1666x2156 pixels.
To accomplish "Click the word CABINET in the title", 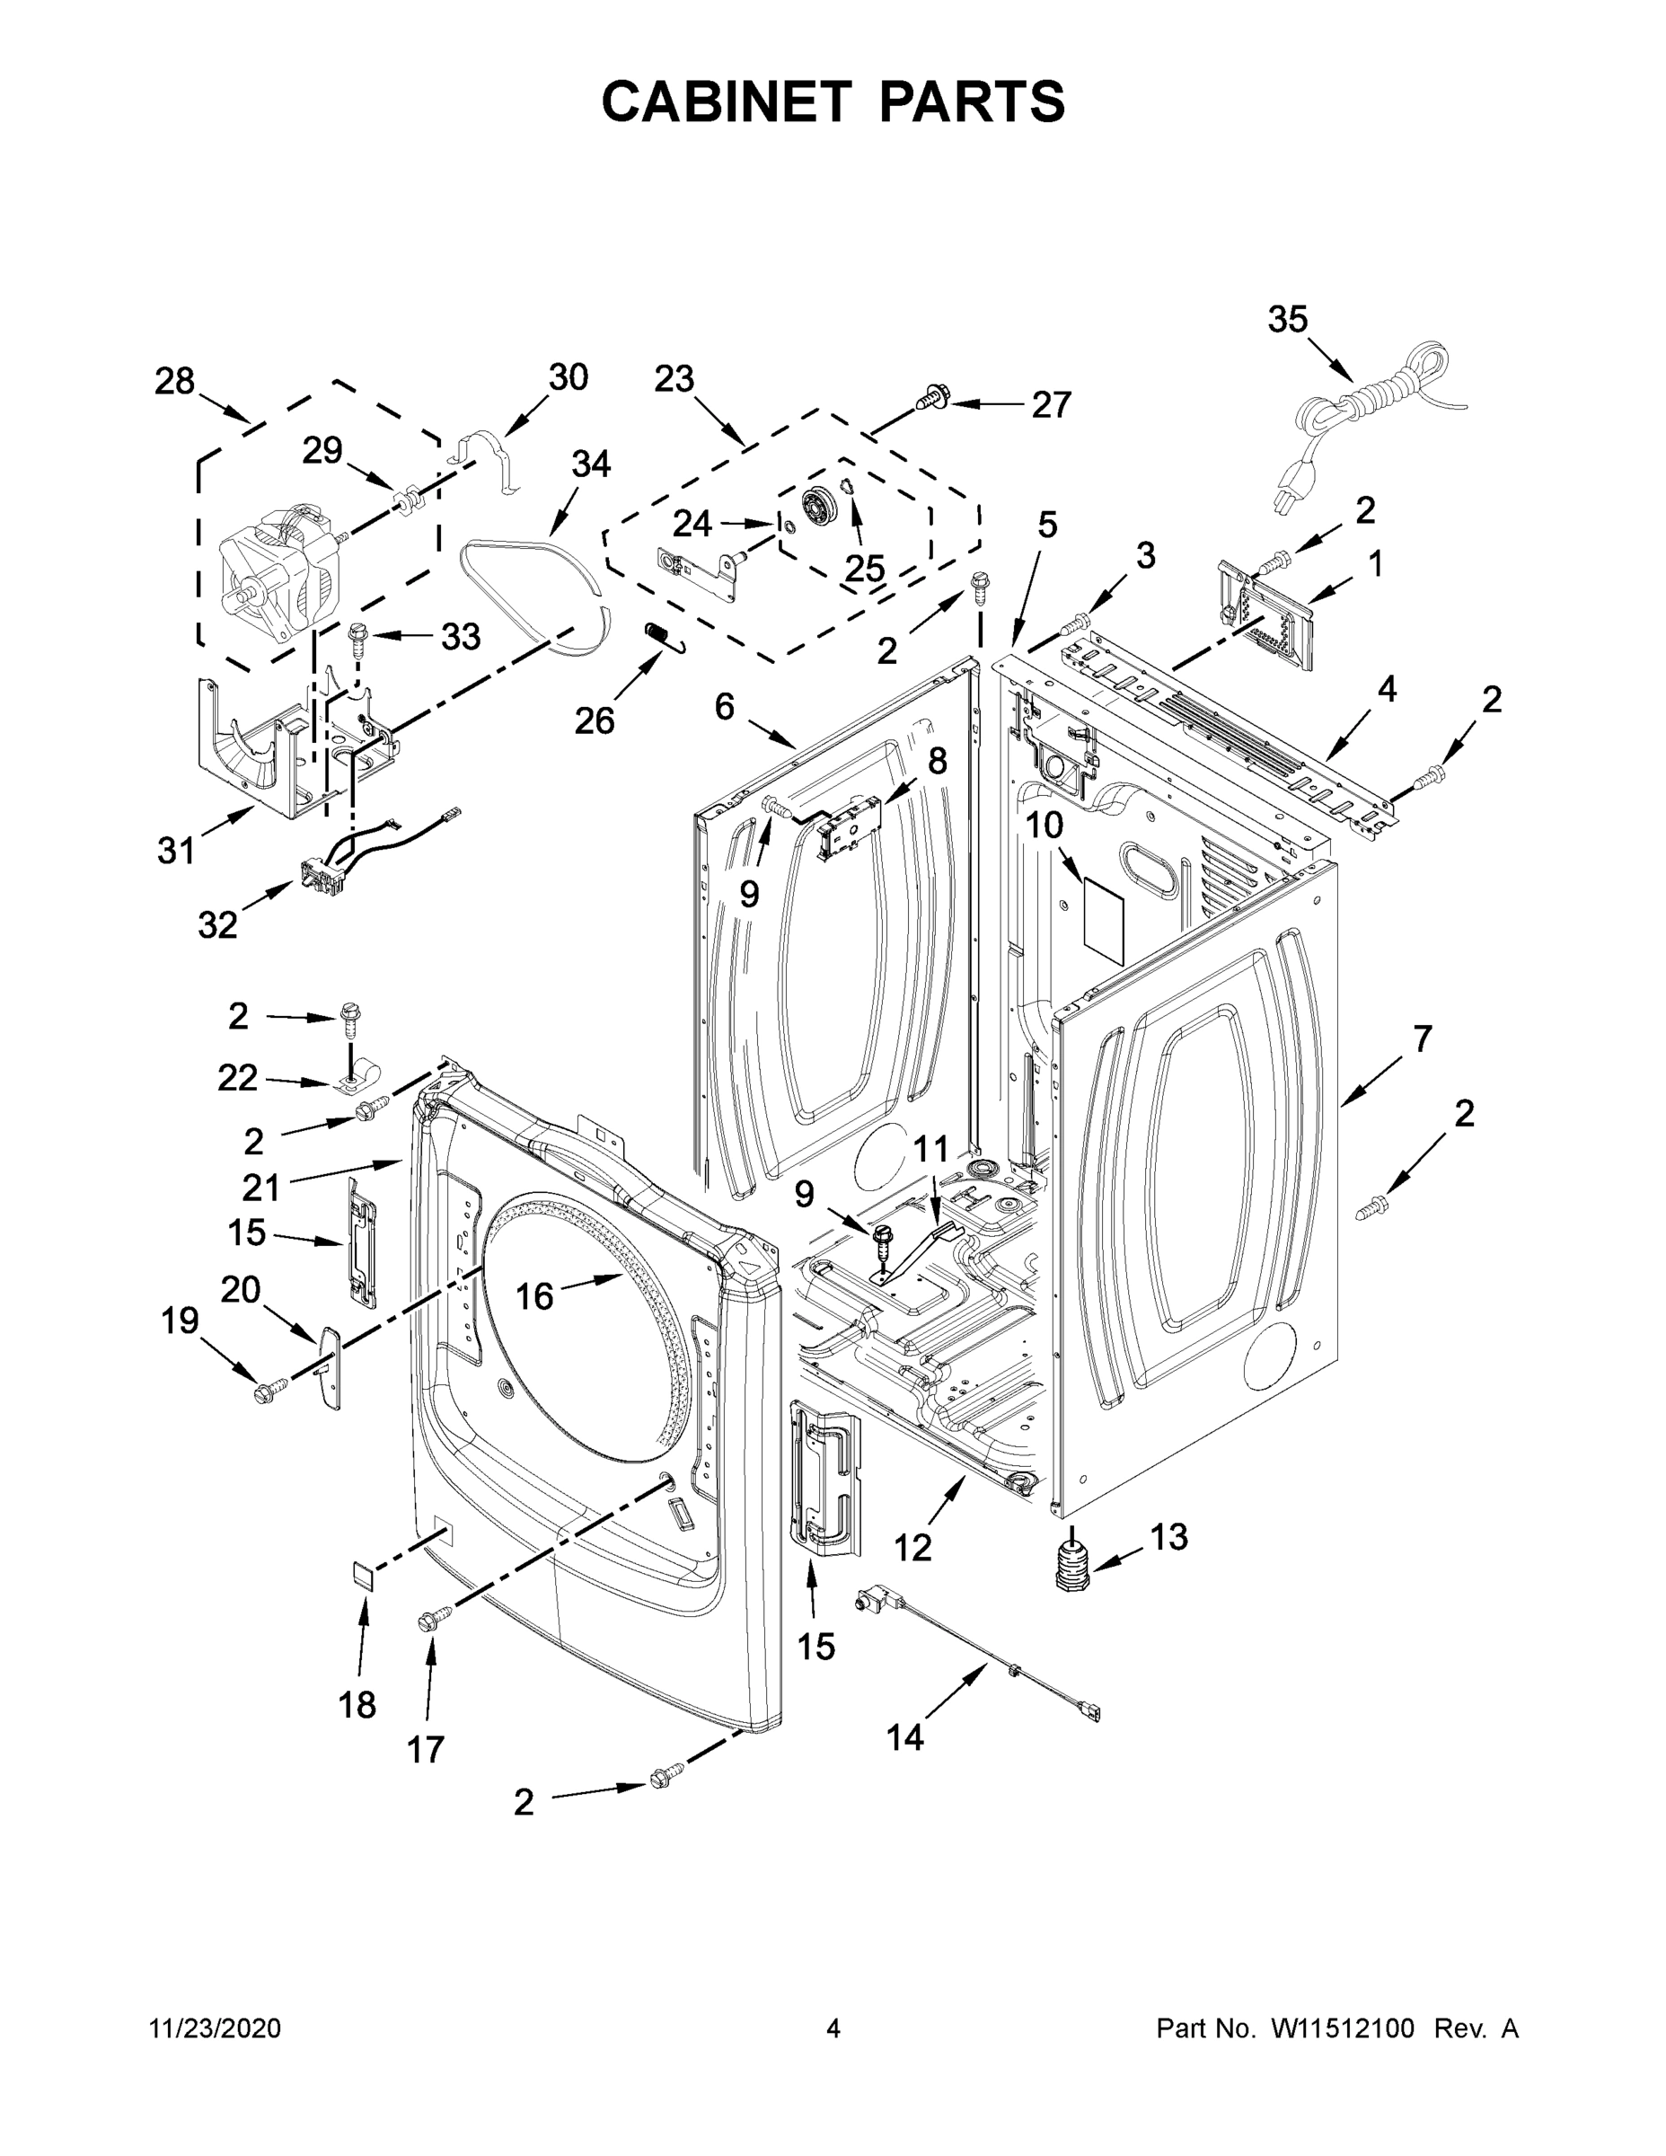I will [726, 101].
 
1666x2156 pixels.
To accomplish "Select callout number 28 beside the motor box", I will [175, 382].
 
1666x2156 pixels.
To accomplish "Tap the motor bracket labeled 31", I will [251, 750].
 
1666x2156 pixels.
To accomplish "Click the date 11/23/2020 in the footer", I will [216, 2028].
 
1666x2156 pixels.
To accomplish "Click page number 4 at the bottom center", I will [833, 2028].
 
